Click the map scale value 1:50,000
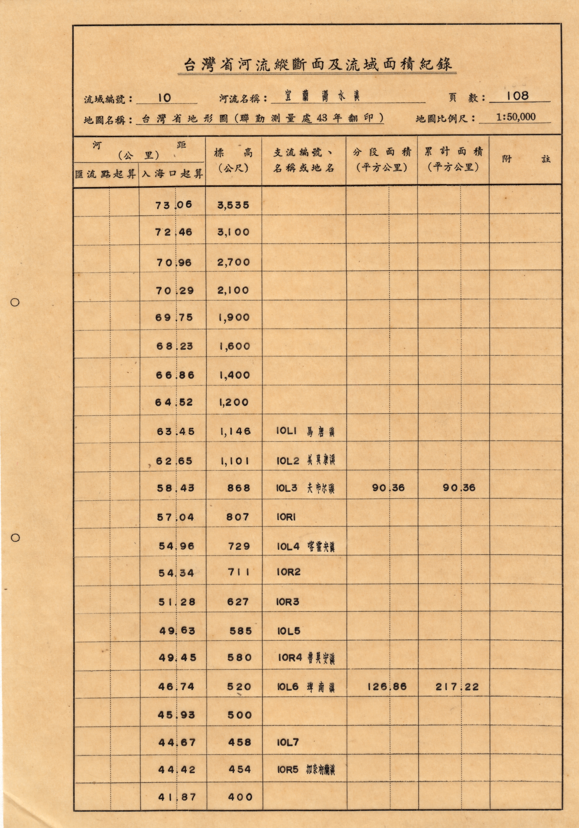(516, 117)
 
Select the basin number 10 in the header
(164, 98)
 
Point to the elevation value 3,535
(233, 205)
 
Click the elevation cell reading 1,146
(235, 431)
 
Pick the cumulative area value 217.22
(457, 687)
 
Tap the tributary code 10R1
(286, 517)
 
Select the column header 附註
(526, 159)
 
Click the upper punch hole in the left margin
(15, 302)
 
